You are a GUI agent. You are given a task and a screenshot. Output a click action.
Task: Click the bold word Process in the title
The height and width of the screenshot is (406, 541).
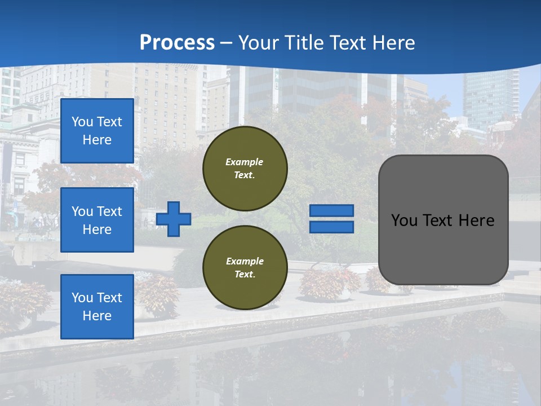pyautogui.click(x=177, y=43)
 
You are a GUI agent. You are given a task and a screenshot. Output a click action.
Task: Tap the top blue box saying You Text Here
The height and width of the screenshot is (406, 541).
pyautogui.click(x=97, y=131)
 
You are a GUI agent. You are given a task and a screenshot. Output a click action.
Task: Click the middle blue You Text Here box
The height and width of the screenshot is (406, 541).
pyautogui.click(x=97, y=220)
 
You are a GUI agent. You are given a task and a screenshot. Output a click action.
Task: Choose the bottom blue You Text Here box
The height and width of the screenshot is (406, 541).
pyautogui.click(x=97, y=306)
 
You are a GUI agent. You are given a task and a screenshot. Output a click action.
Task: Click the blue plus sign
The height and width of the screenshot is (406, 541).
pyautogui.click(x=174, y=219)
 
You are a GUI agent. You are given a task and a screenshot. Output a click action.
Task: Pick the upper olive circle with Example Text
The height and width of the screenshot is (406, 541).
pyautogui.click(x=245, y=169)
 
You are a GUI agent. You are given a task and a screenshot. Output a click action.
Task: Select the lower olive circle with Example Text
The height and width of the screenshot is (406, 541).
pyautogui.click(x=245, y=268)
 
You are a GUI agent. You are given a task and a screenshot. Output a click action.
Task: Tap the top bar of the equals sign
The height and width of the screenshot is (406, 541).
pyautogui.click(x=331, y=211)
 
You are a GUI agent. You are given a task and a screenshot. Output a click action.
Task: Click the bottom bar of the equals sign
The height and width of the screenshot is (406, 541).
pyautogui.click(x=331, y=227)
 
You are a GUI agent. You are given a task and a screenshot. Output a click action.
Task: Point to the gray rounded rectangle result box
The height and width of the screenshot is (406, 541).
pyautogui.click(x=443, y=248)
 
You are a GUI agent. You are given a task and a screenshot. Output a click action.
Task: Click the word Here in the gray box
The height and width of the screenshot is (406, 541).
pyautogui.click(x=476, y=220)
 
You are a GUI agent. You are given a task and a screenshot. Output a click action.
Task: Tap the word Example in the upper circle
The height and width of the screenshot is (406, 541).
pyautogui.click(x=245, y=162)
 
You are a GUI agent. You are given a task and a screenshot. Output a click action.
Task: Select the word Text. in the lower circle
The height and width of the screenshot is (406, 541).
pyautogui.click(x=245, y=275)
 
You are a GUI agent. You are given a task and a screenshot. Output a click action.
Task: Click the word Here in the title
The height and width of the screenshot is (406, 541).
pyautogui.click(x=393, y=43)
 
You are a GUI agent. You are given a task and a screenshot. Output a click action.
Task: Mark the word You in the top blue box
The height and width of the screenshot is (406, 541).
pyautogui.click(x=82, y=122)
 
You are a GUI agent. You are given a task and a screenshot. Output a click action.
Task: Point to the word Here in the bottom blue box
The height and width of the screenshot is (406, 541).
pyautogui.click(x=97, y=316)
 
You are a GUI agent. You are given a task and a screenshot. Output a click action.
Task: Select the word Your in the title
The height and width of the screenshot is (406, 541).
pyautogui.click(x=258, y=43)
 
